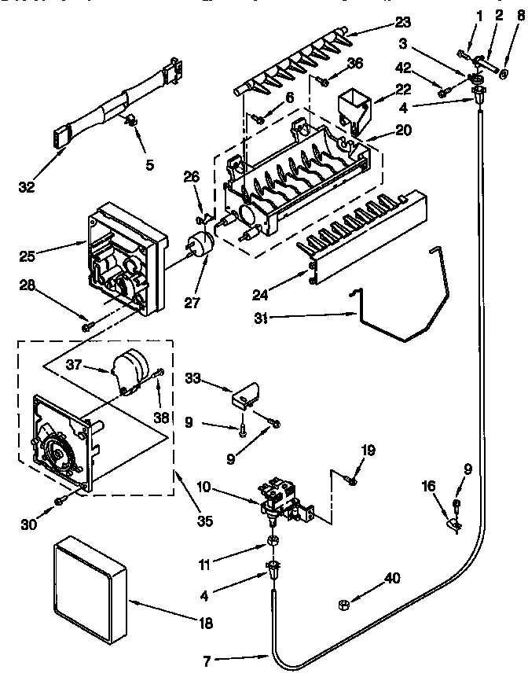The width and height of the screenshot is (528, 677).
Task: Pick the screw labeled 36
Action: point(321,81)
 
